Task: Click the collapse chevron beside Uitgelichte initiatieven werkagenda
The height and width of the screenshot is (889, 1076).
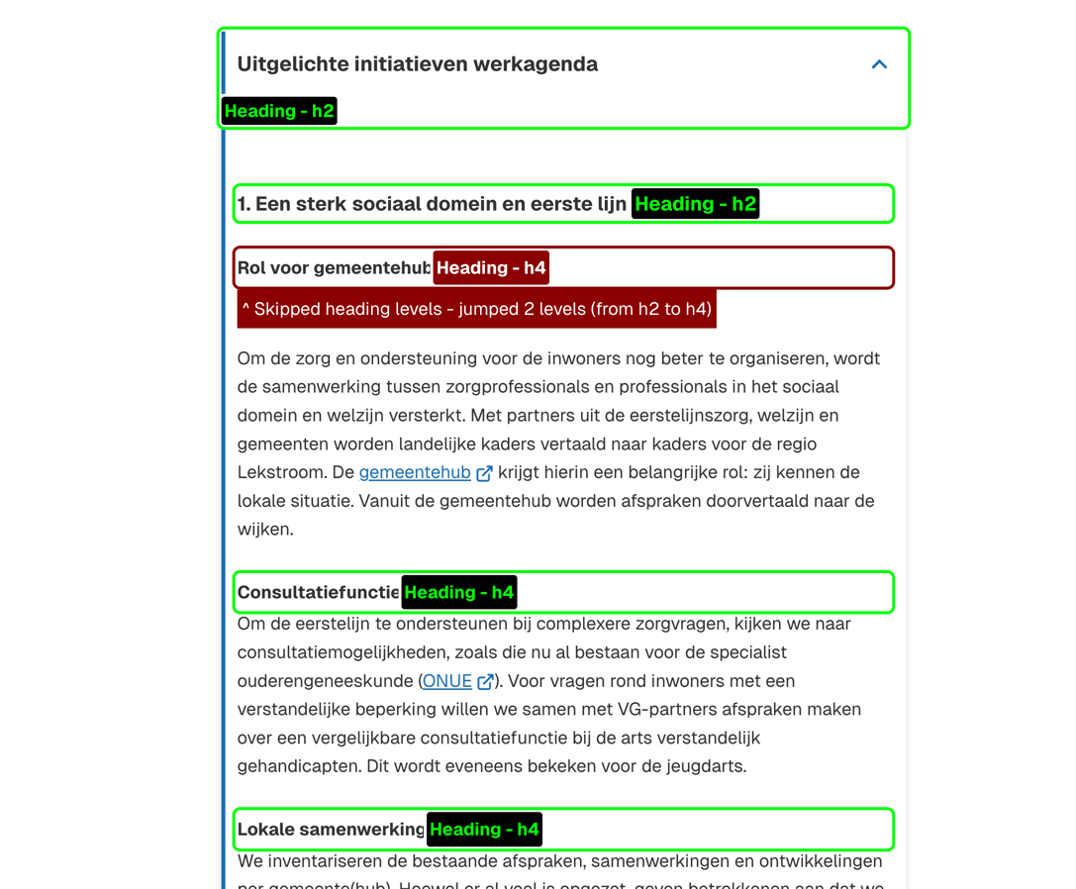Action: click(x=879, y=64)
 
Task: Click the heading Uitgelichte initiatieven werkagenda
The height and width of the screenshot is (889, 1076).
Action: click(x=417, y=64)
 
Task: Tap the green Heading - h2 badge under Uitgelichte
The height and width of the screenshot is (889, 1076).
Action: click(x=279, y=111)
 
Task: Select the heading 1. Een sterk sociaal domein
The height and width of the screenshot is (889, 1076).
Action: click(x=432, y=204)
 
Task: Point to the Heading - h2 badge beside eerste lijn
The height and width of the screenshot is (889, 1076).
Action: click(x=695, y=204)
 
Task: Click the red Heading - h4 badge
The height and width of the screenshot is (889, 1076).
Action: click(x=491, y=267)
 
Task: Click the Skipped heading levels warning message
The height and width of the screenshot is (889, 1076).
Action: click(x=476, y=309)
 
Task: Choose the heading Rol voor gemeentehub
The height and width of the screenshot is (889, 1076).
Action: click(x=334, y=267)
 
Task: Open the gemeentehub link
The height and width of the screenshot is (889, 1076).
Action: click(x=415, y=472)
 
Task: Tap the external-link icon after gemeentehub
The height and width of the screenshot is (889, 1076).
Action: click(x=484, y=473)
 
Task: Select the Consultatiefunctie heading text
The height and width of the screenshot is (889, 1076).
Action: click(x=318, y=592)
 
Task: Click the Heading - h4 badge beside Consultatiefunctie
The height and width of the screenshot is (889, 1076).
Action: click(x=459, y=592)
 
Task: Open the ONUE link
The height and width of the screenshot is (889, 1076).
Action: click(x=447, y=681)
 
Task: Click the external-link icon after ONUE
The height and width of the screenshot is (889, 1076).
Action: click(x=485, y=681)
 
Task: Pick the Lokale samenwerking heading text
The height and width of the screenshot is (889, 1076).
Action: click(x=331, y=829)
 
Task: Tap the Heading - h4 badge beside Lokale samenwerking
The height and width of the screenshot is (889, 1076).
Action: click(x=484, y=829)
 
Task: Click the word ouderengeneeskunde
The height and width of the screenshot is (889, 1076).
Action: click(x=326, y=681)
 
